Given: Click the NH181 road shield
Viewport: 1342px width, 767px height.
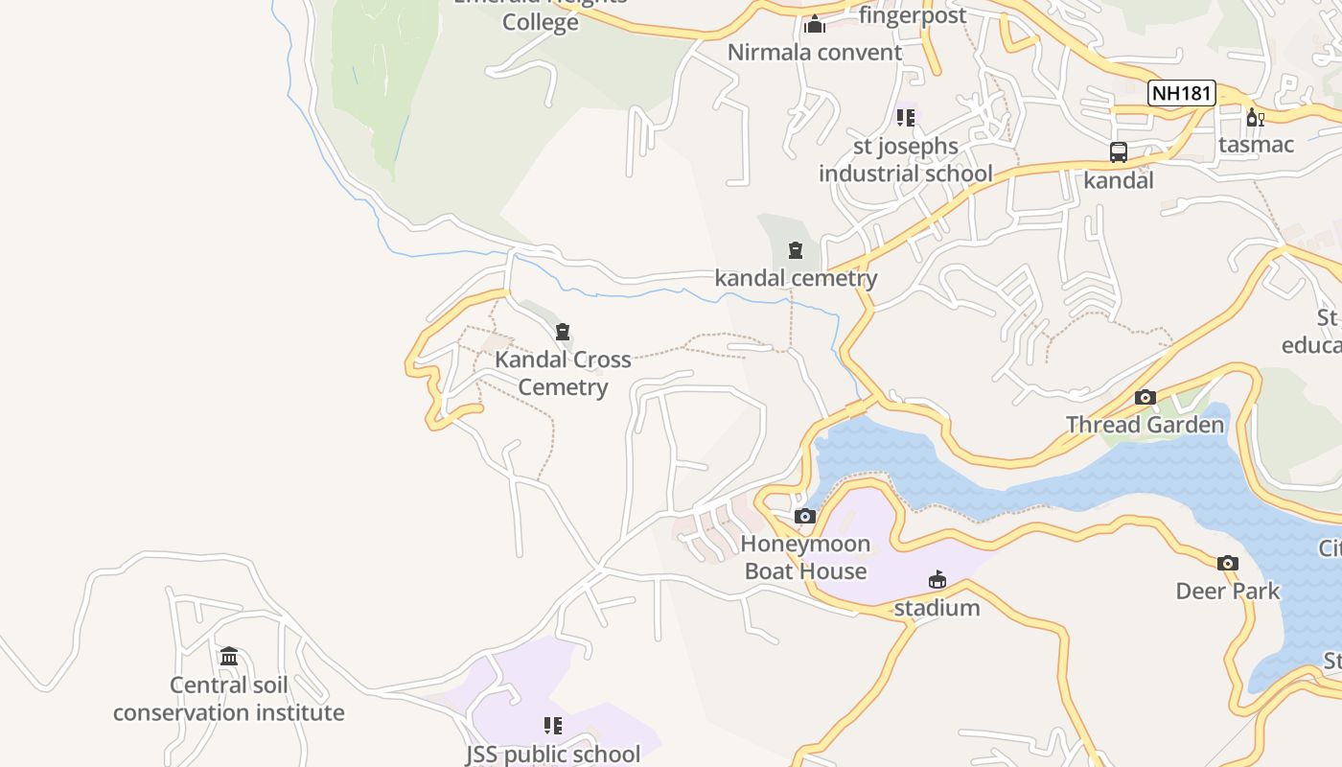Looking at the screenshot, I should click(1182, 93).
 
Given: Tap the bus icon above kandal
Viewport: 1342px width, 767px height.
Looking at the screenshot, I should click(1118, 151).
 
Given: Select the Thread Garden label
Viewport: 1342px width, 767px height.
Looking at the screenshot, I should click(1145, 425).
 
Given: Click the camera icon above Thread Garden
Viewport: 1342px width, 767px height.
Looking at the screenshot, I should click(1145, 397).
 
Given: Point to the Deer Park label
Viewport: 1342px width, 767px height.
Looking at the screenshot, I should click(1227, 591).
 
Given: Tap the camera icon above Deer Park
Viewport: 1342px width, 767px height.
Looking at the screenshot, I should click(1227, 563).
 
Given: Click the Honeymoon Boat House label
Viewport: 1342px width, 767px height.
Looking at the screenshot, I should click(805, 558).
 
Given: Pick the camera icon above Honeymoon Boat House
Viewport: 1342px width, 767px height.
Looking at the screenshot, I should click(805, 517).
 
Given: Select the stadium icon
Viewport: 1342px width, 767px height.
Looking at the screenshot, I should click(937, 579).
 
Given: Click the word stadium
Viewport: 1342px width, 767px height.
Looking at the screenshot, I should click(937, 608).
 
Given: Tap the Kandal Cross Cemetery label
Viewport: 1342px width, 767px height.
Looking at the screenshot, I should click(563, 373).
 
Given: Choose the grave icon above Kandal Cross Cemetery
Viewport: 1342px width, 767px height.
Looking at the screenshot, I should click(563, 333).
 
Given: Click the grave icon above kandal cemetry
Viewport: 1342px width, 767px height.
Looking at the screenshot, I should click(795, 251).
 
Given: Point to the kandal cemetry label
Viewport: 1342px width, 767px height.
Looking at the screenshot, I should click(796, 278).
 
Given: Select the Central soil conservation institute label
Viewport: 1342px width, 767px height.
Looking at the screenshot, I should click(228, 699).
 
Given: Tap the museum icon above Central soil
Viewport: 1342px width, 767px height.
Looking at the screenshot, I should click(228, 657).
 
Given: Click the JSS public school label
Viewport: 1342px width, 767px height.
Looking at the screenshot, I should click(553, 754).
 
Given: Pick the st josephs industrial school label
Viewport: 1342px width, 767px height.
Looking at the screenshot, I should click(905, 160).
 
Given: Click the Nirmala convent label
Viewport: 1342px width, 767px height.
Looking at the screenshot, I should click(815, 52).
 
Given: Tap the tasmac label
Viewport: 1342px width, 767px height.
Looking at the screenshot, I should click(1256, 145).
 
